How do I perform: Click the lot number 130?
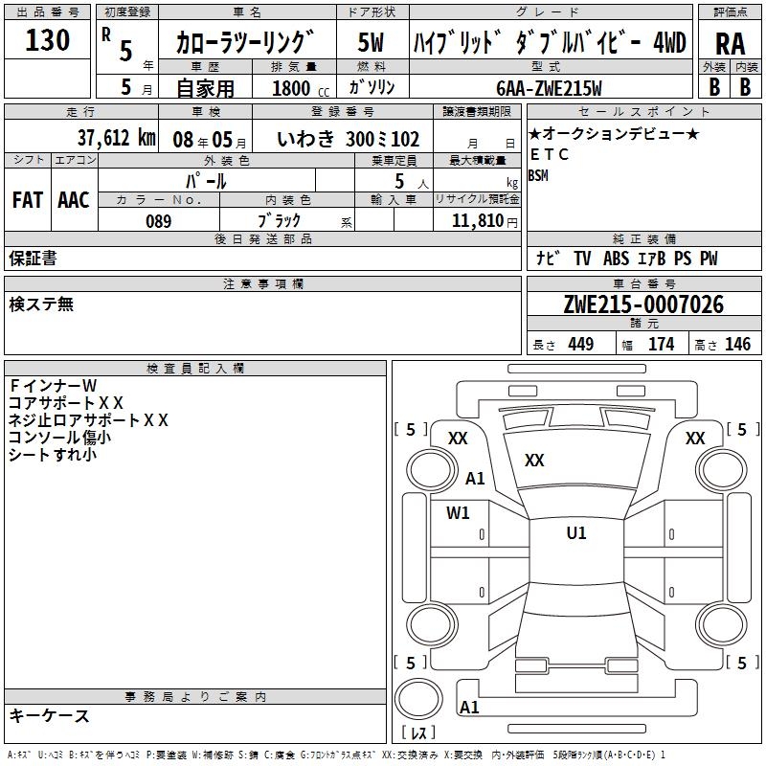point(47,39)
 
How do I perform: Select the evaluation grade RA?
point(730,44)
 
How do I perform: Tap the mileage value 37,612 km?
point(117,138)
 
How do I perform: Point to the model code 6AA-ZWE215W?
point(549,88)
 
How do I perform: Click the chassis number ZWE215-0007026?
point(643,304)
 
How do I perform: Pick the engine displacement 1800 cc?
point(301,88)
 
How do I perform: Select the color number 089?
point(158,221)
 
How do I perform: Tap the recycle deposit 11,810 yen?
point(484,221)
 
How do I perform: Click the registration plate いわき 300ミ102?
point(348,139)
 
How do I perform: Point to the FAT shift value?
point(28,200)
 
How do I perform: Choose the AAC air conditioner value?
point(74,200)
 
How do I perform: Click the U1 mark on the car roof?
point(576,532)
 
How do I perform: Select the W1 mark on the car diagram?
point(458,512)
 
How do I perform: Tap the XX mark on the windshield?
point(534,460)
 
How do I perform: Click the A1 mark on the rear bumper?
point(469,707)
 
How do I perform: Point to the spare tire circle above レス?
point(418,699)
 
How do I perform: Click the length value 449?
point(581,344)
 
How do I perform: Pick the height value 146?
point(737,344)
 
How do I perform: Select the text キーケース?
point(49,716)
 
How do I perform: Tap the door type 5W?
point(372,42)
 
